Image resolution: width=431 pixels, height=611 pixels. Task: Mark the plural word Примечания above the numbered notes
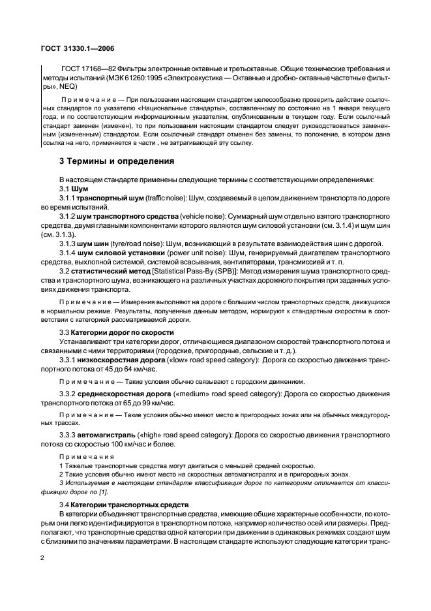pyautogui.click(x=85, y=456)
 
